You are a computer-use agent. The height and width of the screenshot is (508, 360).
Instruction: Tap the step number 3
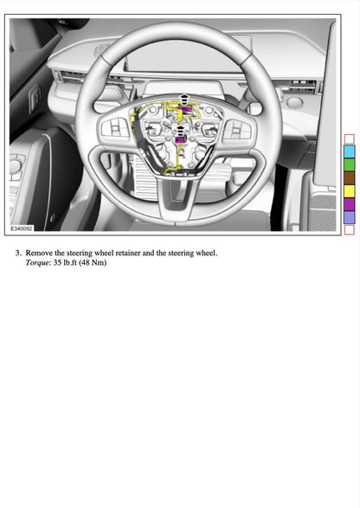point(18,253)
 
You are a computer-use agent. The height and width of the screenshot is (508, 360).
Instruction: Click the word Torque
point(38,262)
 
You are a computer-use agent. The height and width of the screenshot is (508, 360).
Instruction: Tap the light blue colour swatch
point(349,151)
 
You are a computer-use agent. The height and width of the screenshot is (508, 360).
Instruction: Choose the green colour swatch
point(349,164)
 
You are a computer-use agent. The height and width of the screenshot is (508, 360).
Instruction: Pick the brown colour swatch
point(349,177)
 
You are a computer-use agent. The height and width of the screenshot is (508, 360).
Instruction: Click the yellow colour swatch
point(349,190)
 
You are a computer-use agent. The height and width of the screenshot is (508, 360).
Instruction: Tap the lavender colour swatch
point(349,217)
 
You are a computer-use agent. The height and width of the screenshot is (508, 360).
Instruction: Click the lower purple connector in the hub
point(180,139)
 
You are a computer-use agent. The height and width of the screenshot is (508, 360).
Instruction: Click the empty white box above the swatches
point(349,138)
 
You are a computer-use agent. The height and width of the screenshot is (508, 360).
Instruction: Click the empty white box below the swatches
point(349,229)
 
